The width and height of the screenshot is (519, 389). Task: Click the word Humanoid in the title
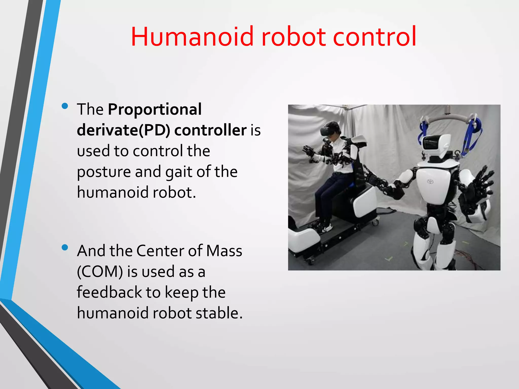pyautogui.click(x=192, y=37)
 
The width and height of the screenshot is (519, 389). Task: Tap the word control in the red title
pyautogui.click(x=374, y=37)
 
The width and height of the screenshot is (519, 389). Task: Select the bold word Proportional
pyautogui.click(x=155, y=109)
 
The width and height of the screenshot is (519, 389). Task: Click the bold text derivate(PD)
pyautogui.click(x=123, y=130)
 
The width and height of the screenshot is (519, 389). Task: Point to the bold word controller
pyautogui.click(x=210, y=130)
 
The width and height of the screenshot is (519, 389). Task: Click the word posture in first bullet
pyautogui.click(x=104, y=172)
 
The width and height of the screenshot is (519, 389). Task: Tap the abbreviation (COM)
pyautogui.click(x=100, y=272)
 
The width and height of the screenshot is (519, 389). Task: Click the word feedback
pyautogui.click(x=109, y=292)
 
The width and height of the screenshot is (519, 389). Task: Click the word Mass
pyautogui.click(x=224, y=251)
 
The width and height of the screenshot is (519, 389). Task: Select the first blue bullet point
pyautogui.click(x=65, y=106)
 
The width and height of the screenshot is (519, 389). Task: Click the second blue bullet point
pyautogui.click(x=65, y=247)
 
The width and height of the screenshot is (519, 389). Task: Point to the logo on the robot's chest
pyautogui.click(x=430, y=181)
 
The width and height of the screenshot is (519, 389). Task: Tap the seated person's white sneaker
pyautogui.click(x=327, y=228)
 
